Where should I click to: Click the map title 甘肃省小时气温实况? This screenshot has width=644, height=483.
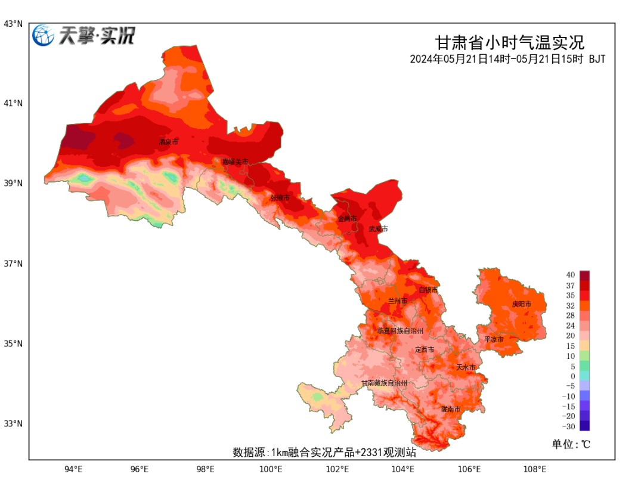(509, 43)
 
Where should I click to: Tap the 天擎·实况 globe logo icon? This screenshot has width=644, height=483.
(44, 36)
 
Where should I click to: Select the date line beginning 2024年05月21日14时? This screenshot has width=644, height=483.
(507, 59)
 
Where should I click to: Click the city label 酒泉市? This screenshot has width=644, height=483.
(168, 142)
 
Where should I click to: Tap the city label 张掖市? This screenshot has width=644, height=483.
(280, 197)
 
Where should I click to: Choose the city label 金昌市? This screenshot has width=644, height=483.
(347, 219)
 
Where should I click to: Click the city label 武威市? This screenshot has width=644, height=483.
(378, 229)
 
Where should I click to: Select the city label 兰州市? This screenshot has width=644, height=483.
(397, 301)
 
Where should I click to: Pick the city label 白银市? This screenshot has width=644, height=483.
(428, 290)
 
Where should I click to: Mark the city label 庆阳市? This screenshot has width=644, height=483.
(521, 304)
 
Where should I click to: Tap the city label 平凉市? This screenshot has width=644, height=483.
(494, 339)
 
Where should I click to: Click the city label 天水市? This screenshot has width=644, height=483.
(466, 367)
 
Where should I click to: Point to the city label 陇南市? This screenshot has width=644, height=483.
(451, 409)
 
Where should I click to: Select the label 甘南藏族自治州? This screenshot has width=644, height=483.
(385, 383)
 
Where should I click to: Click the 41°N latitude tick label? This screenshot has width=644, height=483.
(14, 103)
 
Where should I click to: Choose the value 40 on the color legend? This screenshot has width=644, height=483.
(571, 275)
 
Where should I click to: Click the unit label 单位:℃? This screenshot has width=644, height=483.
(571, 444)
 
